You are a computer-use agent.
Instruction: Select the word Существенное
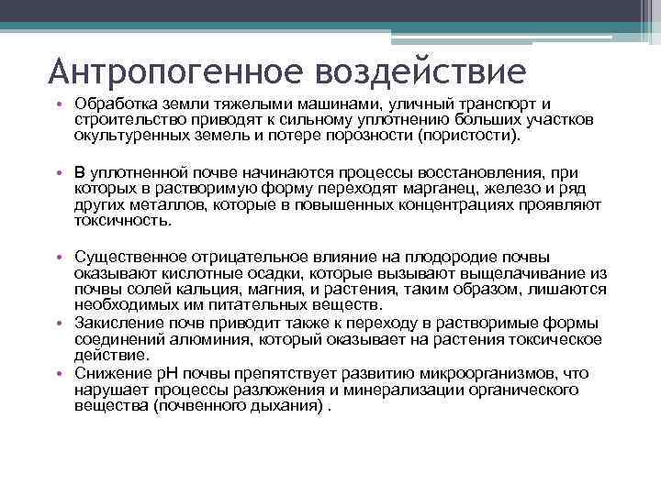tap(129, 256)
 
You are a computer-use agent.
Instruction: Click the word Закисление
tap(117, 323)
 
